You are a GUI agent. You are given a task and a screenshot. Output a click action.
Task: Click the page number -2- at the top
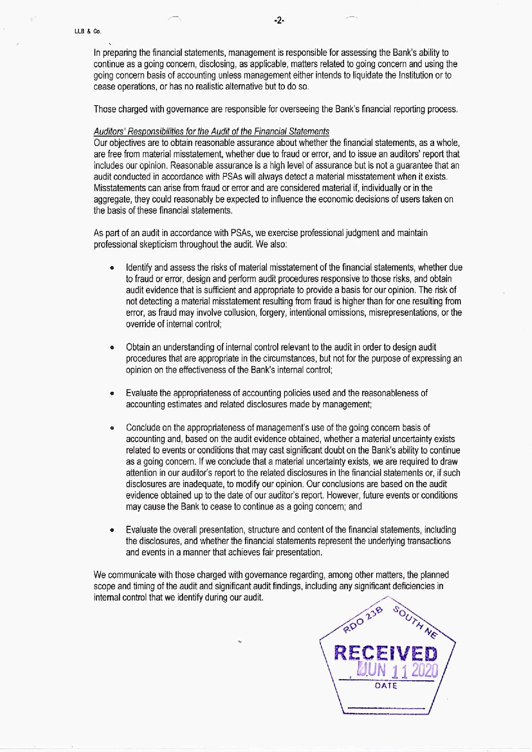[279, 21]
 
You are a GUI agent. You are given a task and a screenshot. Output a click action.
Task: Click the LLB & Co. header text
[88, 32]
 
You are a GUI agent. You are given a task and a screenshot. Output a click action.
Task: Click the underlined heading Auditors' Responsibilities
[212, 131]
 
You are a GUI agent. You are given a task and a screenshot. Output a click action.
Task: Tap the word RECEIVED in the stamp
[386, 654]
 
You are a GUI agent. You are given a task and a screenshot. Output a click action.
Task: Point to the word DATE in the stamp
[386, 686]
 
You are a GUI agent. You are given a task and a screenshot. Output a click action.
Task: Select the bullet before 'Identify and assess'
[112, 268]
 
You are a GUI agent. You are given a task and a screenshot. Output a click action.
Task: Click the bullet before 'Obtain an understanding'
[112, 347]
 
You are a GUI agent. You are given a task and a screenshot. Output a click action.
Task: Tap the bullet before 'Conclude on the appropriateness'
[112, 428]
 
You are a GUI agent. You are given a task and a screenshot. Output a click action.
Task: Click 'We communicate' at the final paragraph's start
[121, 575]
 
